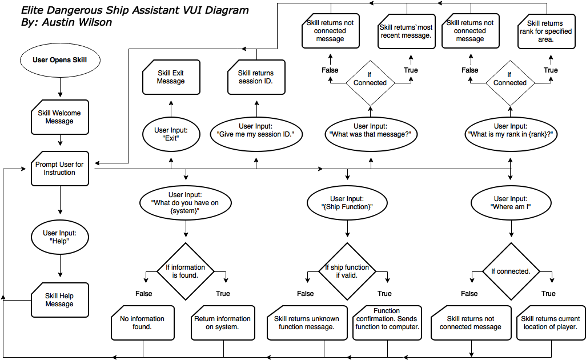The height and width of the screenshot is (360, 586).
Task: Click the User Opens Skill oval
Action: pyautogui.click(x=59, y=60)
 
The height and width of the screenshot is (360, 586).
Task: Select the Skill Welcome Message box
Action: pyautogui.click(x=59, y=117)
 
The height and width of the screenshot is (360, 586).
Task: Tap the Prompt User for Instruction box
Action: pyautogui.click(x=59, y=169)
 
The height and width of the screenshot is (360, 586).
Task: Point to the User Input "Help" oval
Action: pyautogui.click(x=59, y=237)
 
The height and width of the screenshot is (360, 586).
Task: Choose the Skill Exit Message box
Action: pyautogui.click(x=171, y=77)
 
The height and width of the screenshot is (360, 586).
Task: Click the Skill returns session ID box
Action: pyautogui.click(x=255, y=77)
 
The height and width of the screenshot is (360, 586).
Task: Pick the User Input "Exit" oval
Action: pyautogui.click(x=171, y=134)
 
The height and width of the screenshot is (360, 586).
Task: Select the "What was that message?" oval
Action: pyautogui.click(x=370, y=134)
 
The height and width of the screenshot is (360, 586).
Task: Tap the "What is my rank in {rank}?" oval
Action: pyautogui.click(x=511, y=134)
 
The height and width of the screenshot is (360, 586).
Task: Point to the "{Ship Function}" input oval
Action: pyautogui.click(x=347, y=203)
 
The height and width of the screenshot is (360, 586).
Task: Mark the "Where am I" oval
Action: pyautogui.click(x=511, y=203)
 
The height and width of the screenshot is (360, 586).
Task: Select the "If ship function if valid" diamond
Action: pyautogui.click(x=347, y=271)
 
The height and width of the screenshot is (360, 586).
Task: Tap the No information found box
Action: pyautogui.click(x=142, y=323)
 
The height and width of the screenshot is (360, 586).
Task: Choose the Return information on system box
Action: pyautogui.click(x=222, y=323)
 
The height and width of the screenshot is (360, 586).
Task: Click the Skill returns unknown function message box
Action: pyautogui.click(x=307, y=323)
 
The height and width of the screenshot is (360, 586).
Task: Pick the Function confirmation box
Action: pyautogui.click(x=387, y=323)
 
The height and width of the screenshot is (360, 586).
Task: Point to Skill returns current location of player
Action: pyautogui.click(x=551, y=323)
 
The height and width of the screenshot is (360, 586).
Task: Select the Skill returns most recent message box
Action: pyautogui.click(x=406, y=31)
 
